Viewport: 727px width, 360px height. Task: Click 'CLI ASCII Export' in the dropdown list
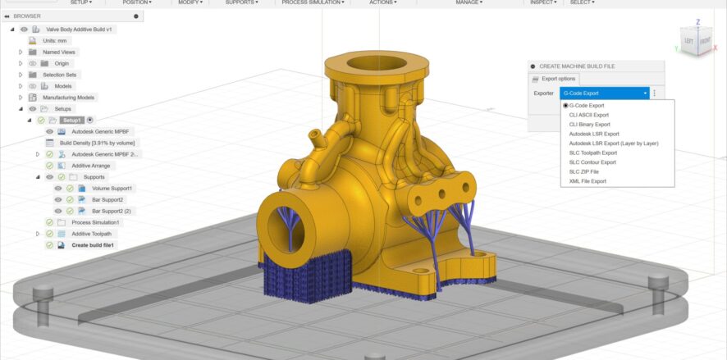[588, 115]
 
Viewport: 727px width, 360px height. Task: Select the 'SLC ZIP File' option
[585, 171]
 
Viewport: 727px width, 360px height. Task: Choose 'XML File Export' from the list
[588, 181]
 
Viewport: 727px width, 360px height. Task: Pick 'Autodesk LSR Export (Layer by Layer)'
[613, 144]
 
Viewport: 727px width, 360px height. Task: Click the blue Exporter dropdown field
[604, 93]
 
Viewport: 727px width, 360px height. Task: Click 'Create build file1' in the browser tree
[93, 245]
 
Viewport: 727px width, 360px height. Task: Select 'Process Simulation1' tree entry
[95, 222]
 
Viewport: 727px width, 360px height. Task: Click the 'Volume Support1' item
[112, 189]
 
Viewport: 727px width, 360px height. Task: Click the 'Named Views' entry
[58, 52]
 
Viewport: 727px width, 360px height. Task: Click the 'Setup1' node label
[71, 121]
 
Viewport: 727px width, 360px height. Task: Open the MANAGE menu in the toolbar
[469, 2]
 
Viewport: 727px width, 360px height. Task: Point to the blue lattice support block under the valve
[306, 274]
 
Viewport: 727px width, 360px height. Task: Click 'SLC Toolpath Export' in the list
[592, 153]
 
